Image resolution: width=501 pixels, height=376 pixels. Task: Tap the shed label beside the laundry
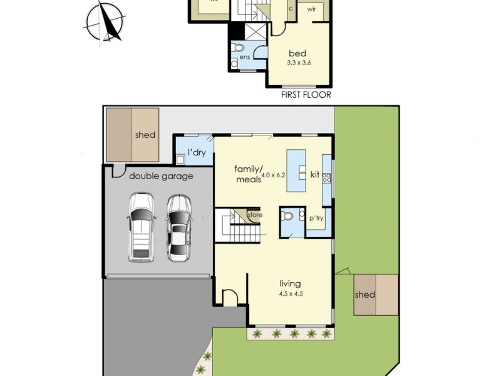(x=145, y=135)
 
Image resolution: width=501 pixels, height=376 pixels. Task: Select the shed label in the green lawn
(x=364, y=295)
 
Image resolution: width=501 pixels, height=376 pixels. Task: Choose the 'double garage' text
(x=161, y=177)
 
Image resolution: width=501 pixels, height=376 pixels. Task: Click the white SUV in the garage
(x=140, y=227)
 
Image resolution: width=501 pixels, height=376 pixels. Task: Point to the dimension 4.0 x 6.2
(x=273, y=175)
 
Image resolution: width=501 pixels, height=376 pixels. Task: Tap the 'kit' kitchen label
(x=314, y=174)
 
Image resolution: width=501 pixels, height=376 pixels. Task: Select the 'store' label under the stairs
(x=255, y=215)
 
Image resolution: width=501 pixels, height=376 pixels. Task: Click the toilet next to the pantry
(x=288, y=217)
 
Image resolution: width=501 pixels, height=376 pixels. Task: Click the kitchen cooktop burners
(x=326, y=178)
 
